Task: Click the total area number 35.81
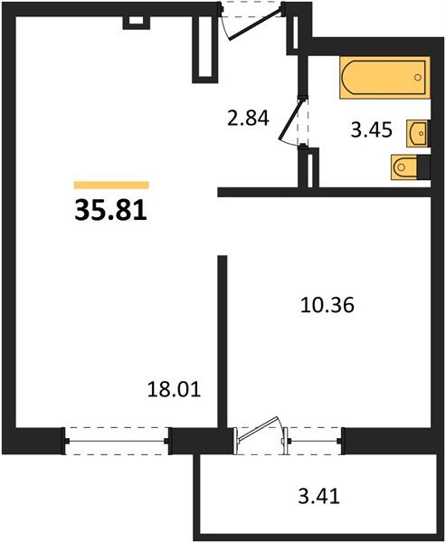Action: pos(107,211)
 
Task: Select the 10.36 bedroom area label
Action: pos(326,306)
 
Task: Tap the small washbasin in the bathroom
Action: pos(418,133)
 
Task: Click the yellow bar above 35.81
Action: pos(110,185)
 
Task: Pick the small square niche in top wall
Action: pos(135,19)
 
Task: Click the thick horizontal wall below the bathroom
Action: pos(326,192)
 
